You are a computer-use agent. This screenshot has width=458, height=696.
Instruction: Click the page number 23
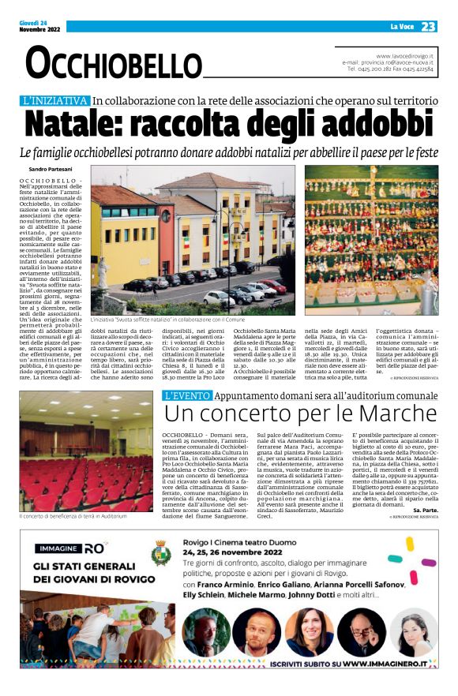pyautogui.click(x=428, y=27)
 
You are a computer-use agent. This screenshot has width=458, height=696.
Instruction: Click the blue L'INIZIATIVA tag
pyautogui.click(x=54, y=101)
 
